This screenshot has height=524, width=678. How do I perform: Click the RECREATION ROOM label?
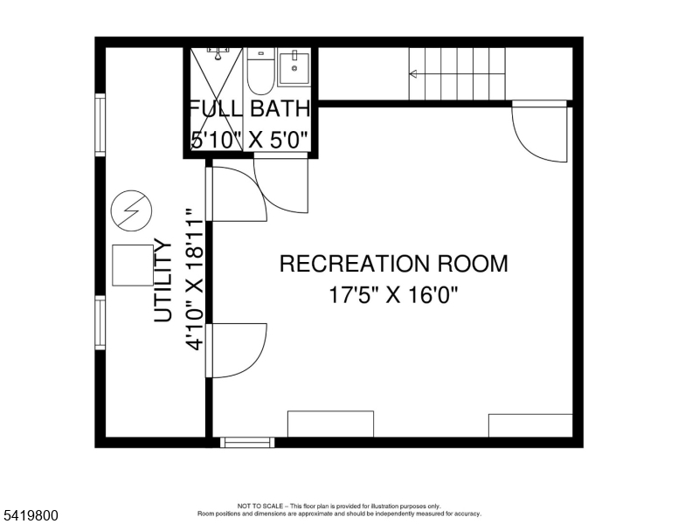(393, 264)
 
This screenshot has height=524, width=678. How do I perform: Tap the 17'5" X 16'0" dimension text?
(393, 295)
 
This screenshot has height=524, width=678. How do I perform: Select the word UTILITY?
(163, 280)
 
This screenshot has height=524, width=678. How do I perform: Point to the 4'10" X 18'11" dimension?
(194, 279)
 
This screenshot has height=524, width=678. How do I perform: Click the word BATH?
(280, 108)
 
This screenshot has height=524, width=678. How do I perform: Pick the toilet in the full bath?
(260, 72)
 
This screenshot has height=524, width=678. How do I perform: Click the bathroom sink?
(294, 68)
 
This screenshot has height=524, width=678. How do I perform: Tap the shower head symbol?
(218, 53)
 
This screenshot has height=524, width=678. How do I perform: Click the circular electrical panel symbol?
(131, 211)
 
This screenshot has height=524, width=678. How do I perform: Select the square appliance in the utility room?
(133, 265)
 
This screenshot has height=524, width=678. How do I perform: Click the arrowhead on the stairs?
(413, 74)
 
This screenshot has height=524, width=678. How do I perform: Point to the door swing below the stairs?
(540, 131)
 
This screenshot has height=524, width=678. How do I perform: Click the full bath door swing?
(281, 183)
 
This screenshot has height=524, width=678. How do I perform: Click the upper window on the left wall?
(100, 125)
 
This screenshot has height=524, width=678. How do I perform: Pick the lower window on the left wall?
(100, 322)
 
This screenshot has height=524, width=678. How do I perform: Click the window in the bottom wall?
(247, 442)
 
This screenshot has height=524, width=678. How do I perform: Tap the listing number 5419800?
(31, 515)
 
